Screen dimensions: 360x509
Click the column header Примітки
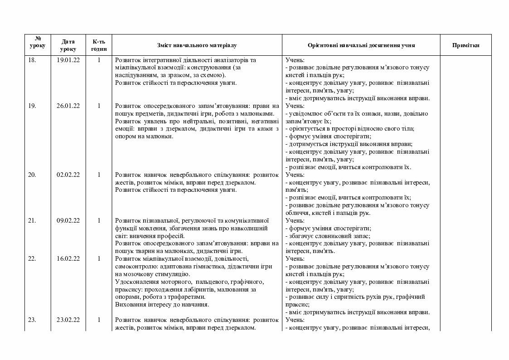coord(465,45)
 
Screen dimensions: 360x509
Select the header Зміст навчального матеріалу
coord(197,45)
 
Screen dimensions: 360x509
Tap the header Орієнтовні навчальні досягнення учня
coord(361,45)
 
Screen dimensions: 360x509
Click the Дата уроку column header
coord(68,45)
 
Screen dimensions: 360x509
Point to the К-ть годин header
coord(99,45)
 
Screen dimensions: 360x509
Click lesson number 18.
coord(32,60)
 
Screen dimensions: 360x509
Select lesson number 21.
coord(32,220)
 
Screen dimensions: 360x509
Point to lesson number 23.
coord(32,320)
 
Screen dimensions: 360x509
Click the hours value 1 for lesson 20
coord(99,175)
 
